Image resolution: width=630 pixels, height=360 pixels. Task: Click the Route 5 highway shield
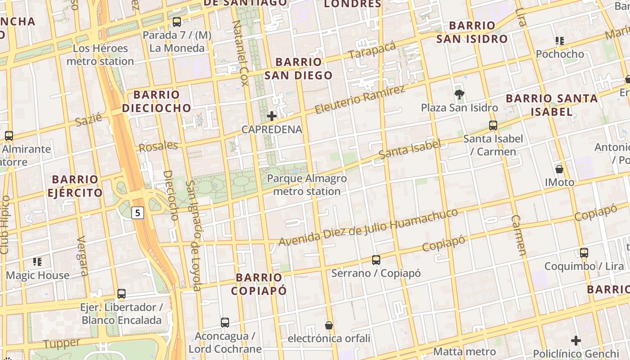[x=138, y=212]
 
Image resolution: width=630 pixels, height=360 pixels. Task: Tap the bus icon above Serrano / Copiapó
[x=376, y=260]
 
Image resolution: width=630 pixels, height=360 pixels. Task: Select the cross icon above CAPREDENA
[x=272, y=116]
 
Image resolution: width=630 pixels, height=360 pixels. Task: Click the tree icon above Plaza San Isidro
[x=459, y=94]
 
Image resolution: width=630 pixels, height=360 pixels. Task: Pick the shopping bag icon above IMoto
[x=559, y=169]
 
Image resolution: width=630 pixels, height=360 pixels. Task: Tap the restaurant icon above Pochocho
[x=560, y=41]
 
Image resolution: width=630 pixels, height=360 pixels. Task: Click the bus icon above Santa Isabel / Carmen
[x=493, y=126]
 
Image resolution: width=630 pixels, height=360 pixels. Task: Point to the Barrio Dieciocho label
[x=157, y=101]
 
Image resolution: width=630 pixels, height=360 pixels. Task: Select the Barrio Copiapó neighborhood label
[x=259, y=283]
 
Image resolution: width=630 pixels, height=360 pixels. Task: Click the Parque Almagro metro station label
[x=307, y=185]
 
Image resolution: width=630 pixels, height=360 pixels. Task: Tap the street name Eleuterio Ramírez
[x=360, y=99]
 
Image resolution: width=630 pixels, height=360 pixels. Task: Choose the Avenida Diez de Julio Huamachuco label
[x=368, y=227]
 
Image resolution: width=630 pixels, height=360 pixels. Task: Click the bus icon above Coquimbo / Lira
[x=584, y=252]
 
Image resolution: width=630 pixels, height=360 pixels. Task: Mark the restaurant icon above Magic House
[x=37, y=261]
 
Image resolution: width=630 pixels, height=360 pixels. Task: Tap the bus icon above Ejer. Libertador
[x=121, y=294]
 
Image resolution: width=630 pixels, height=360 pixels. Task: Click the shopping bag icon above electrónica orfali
[x=329, y=325]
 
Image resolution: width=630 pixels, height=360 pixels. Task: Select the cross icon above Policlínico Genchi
[x=576, y=340]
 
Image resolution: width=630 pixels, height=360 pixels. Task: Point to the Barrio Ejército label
[x=75, y=186]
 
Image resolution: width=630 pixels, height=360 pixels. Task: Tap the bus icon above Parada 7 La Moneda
[x=177, y=22]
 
